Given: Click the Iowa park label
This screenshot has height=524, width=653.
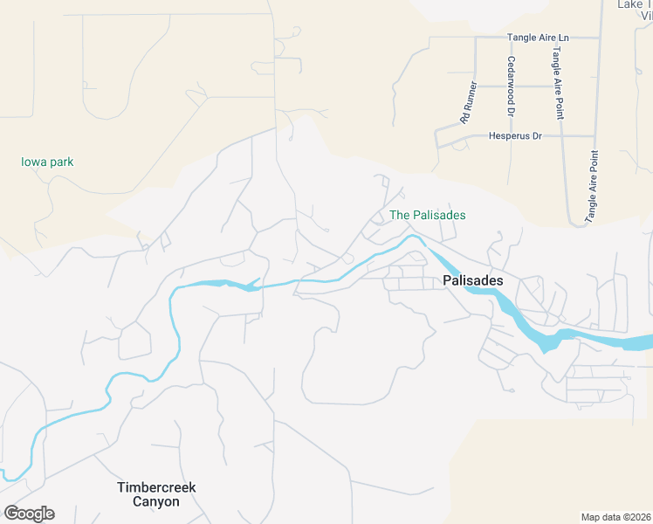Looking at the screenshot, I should tap(47, 162).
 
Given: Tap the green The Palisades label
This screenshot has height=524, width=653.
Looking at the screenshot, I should tap(427, 215).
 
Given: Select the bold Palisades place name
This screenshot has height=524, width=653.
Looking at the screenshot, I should tap(473, 280).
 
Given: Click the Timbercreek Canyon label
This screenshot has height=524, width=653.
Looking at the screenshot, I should tap(155, 494).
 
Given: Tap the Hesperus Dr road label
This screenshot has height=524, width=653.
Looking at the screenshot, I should tap(515, 136).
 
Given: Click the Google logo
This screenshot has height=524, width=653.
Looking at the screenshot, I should tap(29, 514).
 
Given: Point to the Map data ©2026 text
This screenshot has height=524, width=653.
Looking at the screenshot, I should tap(616, 516).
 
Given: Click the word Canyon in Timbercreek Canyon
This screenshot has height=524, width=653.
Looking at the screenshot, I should tap(155, 502).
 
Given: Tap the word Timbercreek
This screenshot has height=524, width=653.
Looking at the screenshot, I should tap(155, 486).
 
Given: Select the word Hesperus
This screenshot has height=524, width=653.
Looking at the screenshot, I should tap(508, 136).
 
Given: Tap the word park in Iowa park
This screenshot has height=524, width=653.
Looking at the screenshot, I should tap(61, 162).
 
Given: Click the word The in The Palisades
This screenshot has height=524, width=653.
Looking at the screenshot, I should tap(399, 215).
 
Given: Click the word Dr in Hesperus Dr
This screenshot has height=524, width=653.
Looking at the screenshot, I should tap(537, 136).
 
